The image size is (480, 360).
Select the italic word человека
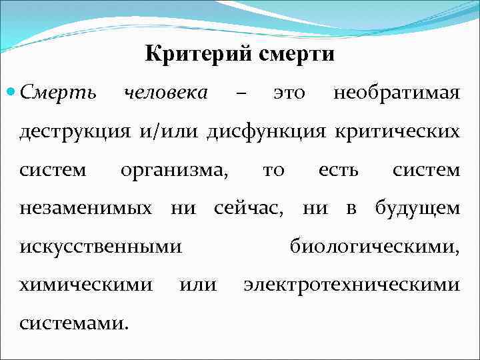(x=166, y=92)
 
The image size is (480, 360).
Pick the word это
(x=289, y=93)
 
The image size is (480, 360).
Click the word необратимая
(x=396, y=93)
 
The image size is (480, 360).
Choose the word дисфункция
(x=266, y=131)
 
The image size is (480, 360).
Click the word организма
(x=174, y=170)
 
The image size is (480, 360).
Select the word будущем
(x=417, y=209)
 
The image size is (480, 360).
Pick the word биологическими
(x=374, y=247)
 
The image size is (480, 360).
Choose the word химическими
(x=86, y=285)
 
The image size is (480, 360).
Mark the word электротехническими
(x=351, y=285)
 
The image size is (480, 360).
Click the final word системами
(x=73, y=324)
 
